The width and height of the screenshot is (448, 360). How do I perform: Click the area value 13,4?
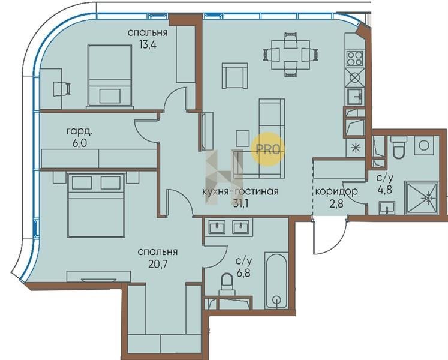148,44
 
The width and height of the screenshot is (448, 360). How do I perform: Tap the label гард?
79,131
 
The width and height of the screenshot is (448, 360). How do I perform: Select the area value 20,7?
157,263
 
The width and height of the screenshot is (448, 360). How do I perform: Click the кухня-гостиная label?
240,191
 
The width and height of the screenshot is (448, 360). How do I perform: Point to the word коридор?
336,191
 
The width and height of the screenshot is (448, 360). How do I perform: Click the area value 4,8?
385,190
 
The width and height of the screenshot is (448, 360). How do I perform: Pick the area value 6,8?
243,273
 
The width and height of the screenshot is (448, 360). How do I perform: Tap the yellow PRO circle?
268,149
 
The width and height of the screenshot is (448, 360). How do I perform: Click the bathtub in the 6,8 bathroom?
276,280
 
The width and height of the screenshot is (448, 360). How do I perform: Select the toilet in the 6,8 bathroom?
227,284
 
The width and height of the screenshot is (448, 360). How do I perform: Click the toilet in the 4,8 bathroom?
399,146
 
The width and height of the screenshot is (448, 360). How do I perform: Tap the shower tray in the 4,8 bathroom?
422,198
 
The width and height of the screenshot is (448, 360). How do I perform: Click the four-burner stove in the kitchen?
355,58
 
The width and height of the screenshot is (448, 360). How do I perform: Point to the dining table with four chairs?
290,55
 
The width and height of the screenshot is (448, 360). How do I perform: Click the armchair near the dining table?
235,76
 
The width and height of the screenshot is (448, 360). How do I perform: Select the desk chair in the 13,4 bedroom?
62,89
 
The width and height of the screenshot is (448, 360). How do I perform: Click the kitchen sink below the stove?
355,96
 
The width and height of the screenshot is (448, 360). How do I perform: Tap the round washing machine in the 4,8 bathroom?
424,146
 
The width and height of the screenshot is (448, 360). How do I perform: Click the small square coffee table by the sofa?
243,139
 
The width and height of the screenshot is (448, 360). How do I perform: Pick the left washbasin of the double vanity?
217,227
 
